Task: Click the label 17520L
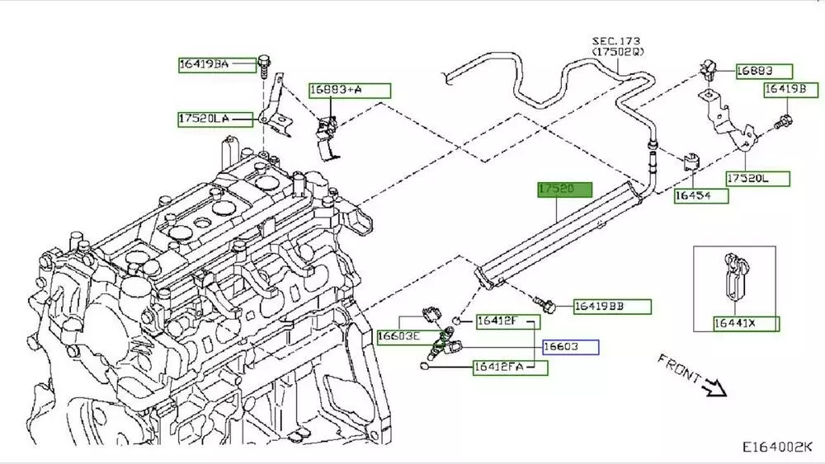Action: (757, 178)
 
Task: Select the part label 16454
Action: (701, 196)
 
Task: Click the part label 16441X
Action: (735, 323)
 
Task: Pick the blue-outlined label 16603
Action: (569, 347)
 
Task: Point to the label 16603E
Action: (399, 336)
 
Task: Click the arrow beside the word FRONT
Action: (713, 385)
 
